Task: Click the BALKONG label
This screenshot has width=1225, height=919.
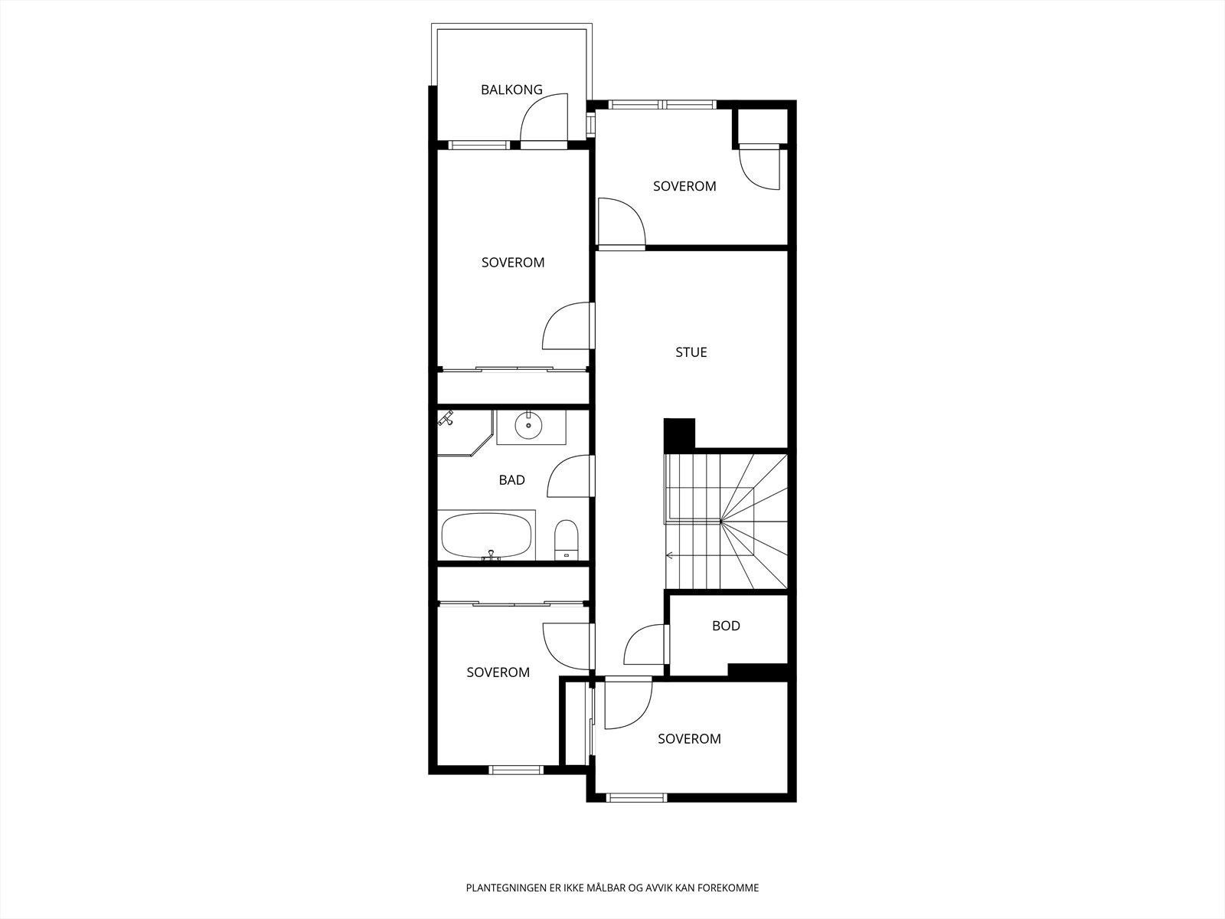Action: (511, 90)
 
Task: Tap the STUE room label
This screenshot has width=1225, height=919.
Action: (691, 352)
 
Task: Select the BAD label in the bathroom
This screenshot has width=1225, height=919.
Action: (511, 480)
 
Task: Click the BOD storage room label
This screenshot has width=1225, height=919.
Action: (726, 626)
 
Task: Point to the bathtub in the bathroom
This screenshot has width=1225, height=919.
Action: (486, 535)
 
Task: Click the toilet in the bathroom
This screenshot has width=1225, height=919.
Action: (567, 538)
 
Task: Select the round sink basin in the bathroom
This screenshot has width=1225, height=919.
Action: (528, 427)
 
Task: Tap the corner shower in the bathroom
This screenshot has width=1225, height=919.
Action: (465, 433)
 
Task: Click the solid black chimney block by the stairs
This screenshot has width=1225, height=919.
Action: (679, 434)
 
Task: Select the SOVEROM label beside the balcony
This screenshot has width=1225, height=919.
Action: (513, 262)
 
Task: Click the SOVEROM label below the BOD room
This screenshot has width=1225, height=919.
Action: (689, 739)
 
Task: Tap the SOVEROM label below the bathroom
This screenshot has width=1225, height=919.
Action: (498, 672)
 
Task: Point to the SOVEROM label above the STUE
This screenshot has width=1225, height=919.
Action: (684, 186)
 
